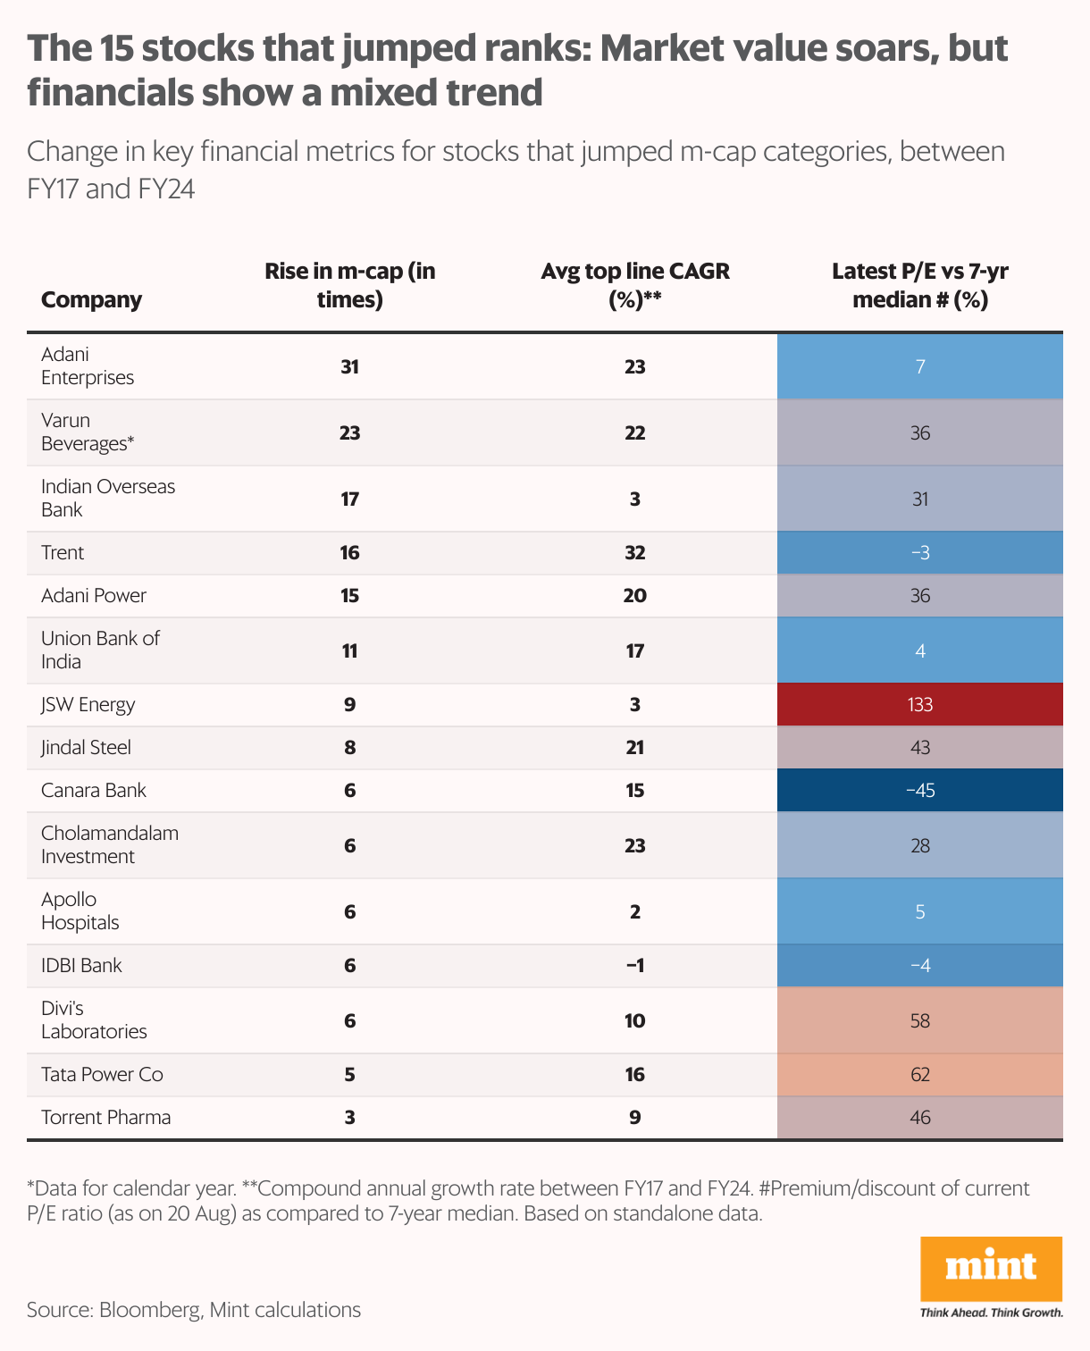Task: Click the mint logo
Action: pos(991,1269)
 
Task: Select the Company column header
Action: pos(91,299)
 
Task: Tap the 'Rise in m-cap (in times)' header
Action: pos(349,285)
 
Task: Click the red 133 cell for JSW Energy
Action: pos(919,704)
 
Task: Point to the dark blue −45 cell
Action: pos(919,790)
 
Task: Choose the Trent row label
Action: pos(63,552)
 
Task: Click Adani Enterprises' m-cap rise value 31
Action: pos(349,366)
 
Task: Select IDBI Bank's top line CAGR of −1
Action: pos(634,965)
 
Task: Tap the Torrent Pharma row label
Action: pos(105,1117)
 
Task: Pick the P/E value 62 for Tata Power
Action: pos(919,1074)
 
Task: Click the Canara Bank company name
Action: pos(93,790)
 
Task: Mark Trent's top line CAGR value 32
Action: pos(634,552)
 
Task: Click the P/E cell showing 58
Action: pos(919,1020)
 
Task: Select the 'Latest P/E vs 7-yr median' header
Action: pos(919,285)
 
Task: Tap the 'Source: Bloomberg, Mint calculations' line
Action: pos(194,1310)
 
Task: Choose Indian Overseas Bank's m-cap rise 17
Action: pos(349,499)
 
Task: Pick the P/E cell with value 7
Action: pos(919,366)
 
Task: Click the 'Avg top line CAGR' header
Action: pos(634,285)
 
